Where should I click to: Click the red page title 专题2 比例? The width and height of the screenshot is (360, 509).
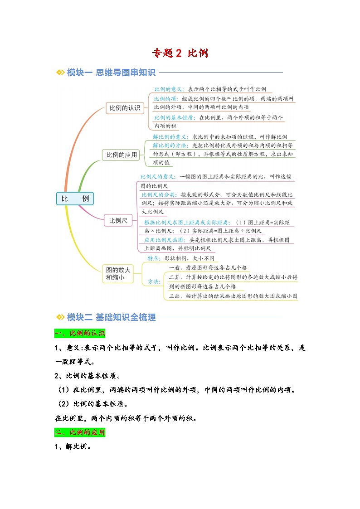pyautogui.click(x=180, y=53)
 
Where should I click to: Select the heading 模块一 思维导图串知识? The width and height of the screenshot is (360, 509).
pyautogui.click(x=111, y=73)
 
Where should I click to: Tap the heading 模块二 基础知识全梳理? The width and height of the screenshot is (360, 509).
pyautogui.click(x=111, y=317)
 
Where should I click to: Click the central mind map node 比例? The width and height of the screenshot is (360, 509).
pyautogui.click(x=75, y=199)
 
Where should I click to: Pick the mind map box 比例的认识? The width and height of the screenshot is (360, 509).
pyautogui.click(x=125, y=108)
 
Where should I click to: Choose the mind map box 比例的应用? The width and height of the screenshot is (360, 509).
pyautogui.click(x=121, y=155)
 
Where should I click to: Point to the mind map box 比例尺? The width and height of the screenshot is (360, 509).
pyautogui.click(x=118, y=221)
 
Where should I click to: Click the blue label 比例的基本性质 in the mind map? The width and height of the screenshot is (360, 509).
pyautogui.click(x=174, y=117)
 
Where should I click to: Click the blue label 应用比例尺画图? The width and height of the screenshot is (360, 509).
pyautogui.click(x=165, y=240)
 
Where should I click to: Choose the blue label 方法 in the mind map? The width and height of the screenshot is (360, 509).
pyautogui.click(x=154, y=281)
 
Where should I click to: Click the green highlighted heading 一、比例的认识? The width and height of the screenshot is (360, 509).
pyautogui.click(x=79, y=334)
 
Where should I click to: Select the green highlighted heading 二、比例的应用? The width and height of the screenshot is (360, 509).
pyautogui.click(x=79, y=433)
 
